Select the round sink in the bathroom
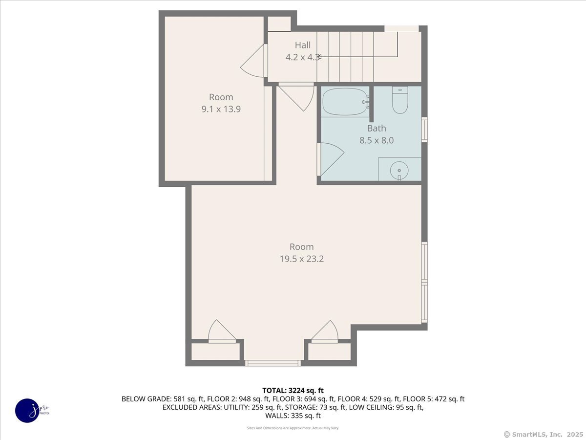[399, 170]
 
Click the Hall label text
[302, 45]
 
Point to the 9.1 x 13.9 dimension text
[221, 109]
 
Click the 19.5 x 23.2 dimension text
[301, 259]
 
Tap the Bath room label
[377, 129]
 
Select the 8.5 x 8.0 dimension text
[377, 140]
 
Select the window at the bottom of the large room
[272, 363]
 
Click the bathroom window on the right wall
[424, 130]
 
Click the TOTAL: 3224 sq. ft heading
[293, 390]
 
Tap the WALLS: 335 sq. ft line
[293, 416]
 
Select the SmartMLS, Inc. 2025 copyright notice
[543, 434]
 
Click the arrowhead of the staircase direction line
[319, 57]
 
